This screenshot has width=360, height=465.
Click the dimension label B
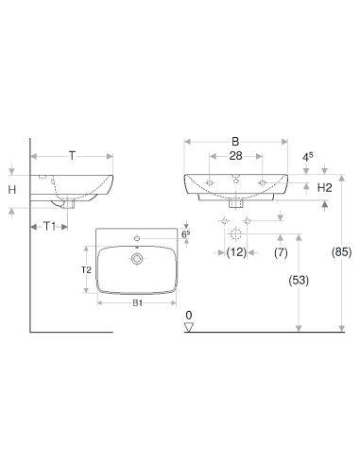pos(235,142)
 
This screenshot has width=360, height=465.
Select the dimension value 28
pos(235,156)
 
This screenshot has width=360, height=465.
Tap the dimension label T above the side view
pos(73,156)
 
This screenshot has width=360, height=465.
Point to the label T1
pos(49,226)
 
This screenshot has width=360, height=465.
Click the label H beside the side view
pos(12,190)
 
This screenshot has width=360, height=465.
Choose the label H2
pos(324,188)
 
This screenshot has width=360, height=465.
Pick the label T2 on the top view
pos(86,270)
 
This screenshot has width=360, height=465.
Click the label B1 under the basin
pos(137,303)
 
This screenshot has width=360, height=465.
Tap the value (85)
pos(341,252)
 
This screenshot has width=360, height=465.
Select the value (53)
pos(299,280)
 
